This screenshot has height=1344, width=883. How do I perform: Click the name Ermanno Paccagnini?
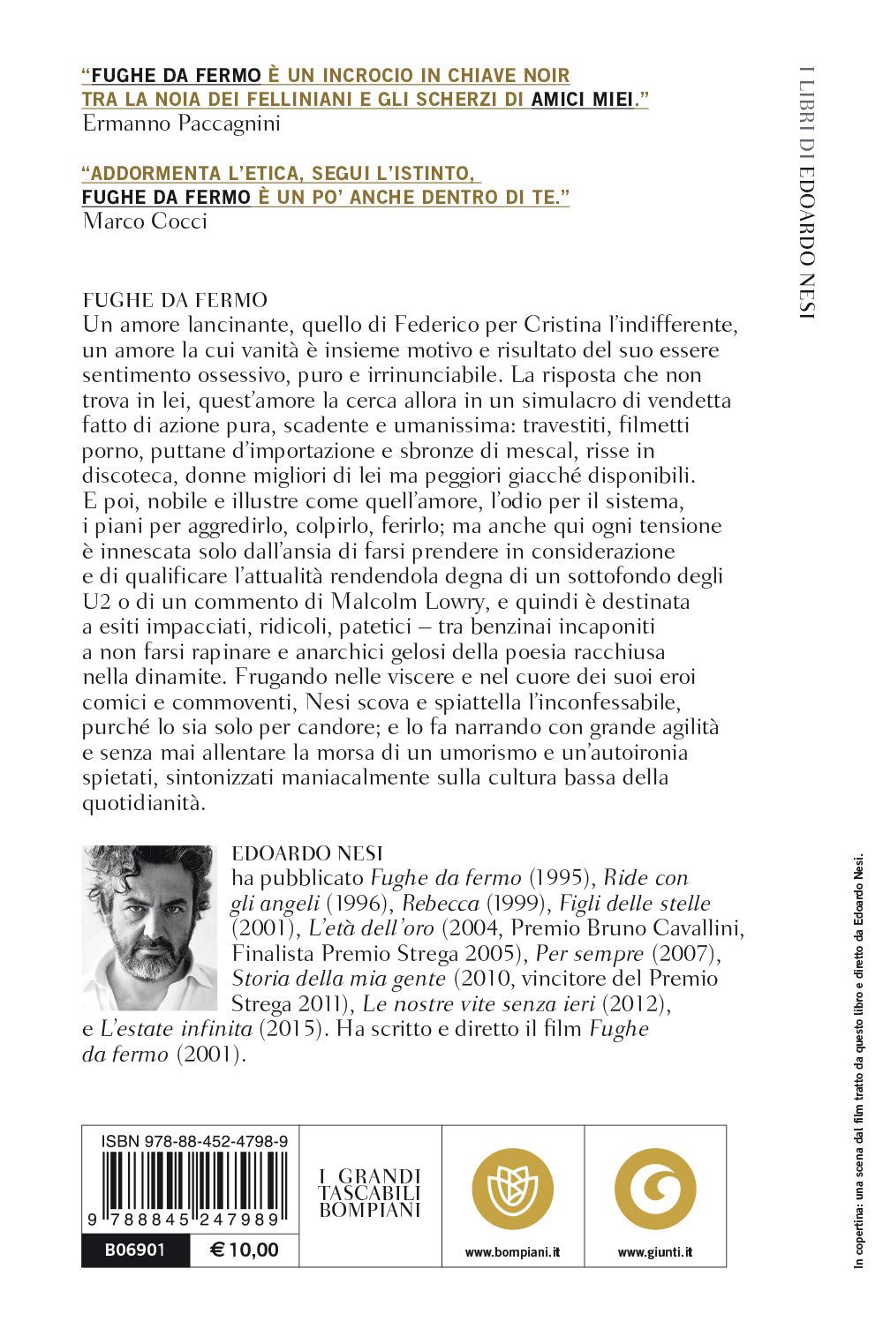(x=181, y=124)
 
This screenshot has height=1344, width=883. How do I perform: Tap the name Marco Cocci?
(x=145, y=221)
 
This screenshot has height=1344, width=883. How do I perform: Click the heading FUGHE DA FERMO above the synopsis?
(x=175, y=300)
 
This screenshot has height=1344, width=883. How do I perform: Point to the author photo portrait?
(x=148, y=927)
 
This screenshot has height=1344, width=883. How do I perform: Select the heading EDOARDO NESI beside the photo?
(x=307, y=853)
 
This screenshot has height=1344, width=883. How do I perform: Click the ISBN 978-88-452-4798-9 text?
(x=194, y=1141)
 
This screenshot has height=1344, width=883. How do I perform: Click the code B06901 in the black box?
(x=135, y=1250)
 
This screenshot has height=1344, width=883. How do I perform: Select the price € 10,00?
(x=245, y=1250)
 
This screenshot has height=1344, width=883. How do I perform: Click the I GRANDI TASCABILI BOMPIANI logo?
(x=370, y=1193)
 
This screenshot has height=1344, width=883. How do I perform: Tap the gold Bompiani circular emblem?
(x=512, y=1189)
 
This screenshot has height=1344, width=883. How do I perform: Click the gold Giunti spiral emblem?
(x=655, y=1189)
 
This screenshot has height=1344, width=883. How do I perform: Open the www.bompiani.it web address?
(x=512, y=1252)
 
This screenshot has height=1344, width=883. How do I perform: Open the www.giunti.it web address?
(x=655, y=1252)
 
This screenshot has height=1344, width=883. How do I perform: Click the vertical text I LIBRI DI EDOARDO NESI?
(x=806, y=191)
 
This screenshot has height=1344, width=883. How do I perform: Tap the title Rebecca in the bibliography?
(x=440, y=904)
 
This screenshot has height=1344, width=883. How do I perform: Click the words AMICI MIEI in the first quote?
(x=582, y=100)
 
